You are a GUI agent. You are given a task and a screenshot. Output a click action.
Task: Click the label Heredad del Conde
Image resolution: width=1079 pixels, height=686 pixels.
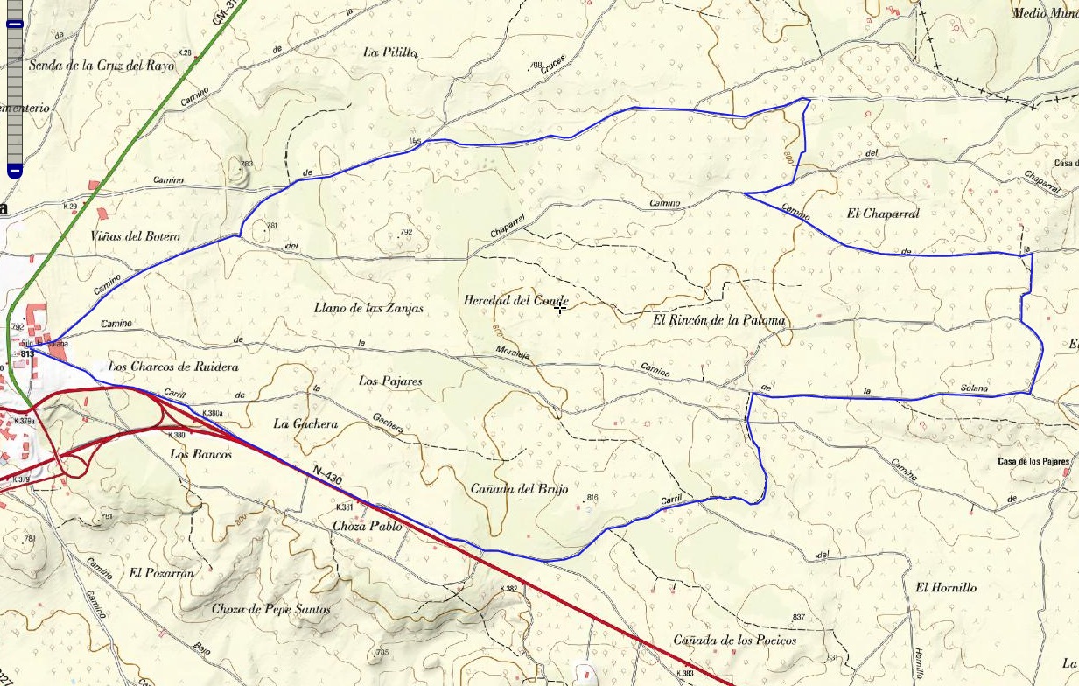pyautogui.click(x=515, y=300)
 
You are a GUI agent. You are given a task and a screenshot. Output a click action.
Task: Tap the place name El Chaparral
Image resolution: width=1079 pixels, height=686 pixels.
pyautogui.click(x=883, y=213)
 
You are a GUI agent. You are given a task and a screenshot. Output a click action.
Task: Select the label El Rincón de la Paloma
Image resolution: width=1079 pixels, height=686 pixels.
pyautogui.click(x=718, y=320)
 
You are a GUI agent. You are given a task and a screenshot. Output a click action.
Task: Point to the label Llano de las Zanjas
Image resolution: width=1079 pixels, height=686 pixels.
pyautogui.click(x=368, y=308)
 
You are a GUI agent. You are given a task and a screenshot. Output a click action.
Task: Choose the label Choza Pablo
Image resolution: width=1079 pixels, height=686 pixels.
pyautogui.click(x=368, y=527)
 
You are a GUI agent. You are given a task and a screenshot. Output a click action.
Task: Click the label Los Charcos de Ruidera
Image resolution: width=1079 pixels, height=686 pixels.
pyautogui.click(x=173, y=367)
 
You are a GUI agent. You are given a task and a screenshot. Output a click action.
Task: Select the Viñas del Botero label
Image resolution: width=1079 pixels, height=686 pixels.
pyautogui.click(x=135, y=236)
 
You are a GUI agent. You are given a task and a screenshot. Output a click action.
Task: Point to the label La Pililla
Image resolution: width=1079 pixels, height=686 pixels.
pyautogui.click(x=390, y=52)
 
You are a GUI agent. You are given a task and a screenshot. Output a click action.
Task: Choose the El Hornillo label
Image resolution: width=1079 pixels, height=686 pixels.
pyautogui.click(x=946, y=587)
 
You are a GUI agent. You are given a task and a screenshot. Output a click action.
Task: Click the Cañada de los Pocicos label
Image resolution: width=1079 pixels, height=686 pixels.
pyautogui.click(x=735, y=640)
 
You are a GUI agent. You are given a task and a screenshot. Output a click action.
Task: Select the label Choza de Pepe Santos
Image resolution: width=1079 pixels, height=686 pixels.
pyautogui.click(x=271, y=608)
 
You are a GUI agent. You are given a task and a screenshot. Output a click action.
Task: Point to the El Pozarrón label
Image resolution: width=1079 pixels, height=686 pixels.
pyautogui.click(x=161, y=573)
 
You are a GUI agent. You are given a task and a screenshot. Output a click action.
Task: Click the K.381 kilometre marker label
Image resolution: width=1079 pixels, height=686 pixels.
pyautogui.click(x=344, y=507)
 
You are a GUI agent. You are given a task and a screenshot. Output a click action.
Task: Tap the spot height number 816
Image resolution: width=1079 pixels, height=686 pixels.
pyautogui.click(x=592, y=498)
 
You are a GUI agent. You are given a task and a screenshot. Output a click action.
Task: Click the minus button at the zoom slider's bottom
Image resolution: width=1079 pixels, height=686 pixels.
pyautogui.click(x=15, y=169)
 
